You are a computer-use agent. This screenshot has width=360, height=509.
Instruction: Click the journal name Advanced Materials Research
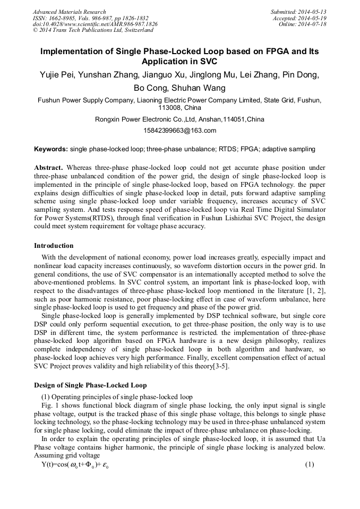[x=69, y=12]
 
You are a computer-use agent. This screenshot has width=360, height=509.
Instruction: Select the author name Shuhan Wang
[x=202, y=88]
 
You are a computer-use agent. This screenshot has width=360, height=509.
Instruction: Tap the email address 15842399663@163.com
[x=179, y=131]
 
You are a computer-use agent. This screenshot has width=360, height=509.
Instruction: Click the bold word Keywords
[x=51, y=149]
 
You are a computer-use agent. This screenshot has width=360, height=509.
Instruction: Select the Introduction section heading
[x=54, y=246]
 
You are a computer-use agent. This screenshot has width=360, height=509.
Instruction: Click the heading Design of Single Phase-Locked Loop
[x=90, y=385]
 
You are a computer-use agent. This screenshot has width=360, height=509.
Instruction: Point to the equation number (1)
[x=310, y=465]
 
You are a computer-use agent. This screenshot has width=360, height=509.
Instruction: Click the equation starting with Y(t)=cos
[x=75, y=465]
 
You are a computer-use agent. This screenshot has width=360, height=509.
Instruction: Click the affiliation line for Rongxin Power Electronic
[x=179, y=119]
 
